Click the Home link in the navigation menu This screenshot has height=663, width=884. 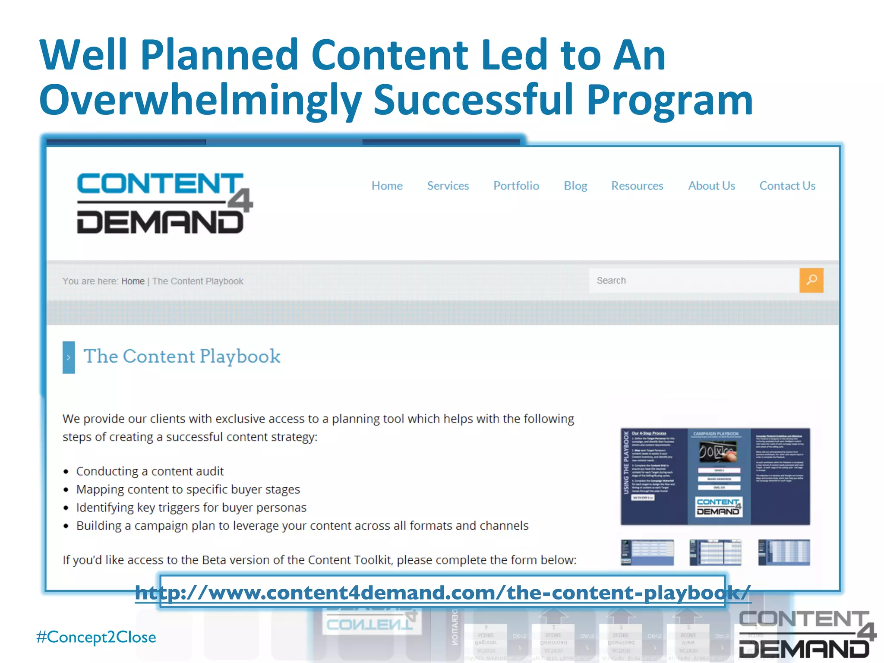click(x=387, y=186)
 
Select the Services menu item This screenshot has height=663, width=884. click(x=448, y=186)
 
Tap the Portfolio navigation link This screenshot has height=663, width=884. click(x=516, y=186)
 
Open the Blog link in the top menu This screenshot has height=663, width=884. click(x=575, y=186)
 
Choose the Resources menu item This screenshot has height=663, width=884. click(x=637, y=186)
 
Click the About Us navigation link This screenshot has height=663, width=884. click(x=711, y=186)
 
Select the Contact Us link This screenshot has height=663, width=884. click(x=787, y=186)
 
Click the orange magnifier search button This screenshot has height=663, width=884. click(x=811, y=281)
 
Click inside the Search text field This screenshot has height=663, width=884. click(x=691, y=281)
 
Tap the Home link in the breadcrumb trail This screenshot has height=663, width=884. click(x=133, y=281)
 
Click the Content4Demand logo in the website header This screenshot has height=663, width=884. click(x=164, y=203)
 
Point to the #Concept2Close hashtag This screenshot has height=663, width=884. click(x=96, y=637)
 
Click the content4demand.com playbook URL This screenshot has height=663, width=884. click(x=442, y=592)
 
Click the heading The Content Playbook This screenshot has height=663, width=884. click(x=182, y=357)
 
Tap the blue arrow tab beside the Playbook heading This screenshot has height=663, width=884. click(x=69, y=357)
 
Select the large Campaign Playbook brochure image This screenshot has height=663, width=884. click(x=715, y=477)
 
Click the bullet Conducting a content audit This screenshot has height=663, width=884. click(x=150, y=471)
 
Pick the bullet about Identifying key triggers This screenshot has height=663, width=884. click(x=191, y=508)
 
